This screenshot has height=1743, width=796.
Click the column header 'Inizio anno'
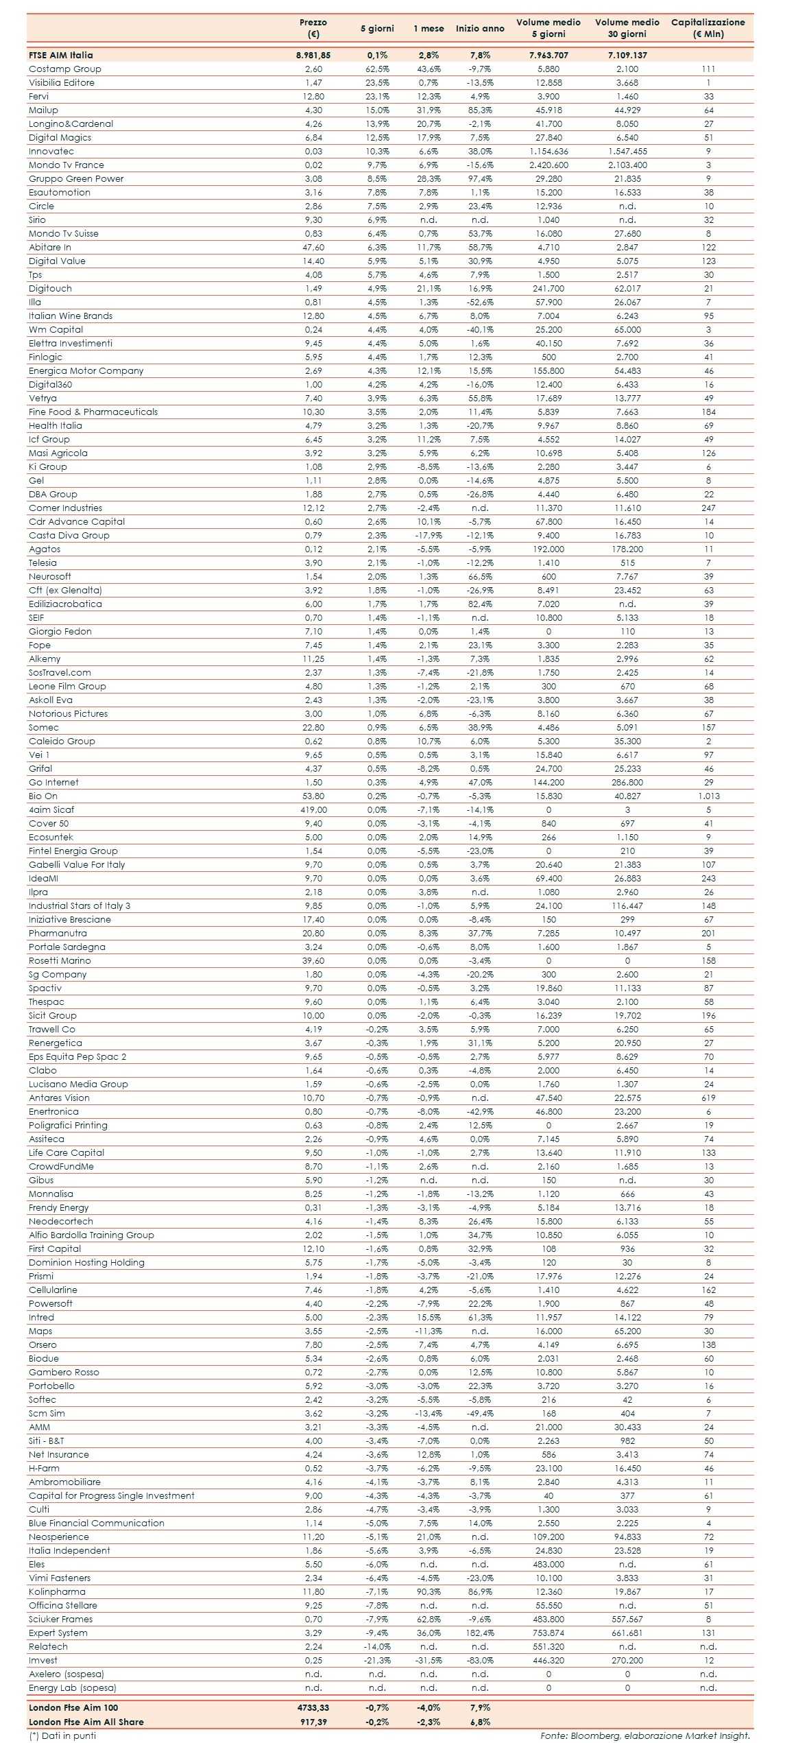(x=480, y=28)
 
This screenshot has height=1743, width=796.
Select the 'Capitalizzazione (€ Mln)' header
(x=708, y=28)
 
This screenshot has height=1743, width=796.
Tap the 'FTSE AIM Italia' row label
(x=60, y=55)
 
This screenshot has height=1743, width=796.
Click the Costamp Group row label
(x=64, y=69)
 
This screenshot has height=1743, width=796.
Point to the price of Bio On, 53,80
(x=313, y=796)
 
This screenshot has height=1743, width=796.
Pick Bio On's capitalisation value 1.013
(x=708, y=796)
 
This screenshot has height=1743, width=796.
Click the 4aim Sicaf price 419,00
(x=313, y=809)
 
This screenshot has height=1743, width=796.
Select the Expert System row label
(x=58, y=1633)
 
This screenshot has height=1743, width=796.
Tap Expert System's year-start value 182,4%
(x=480, y=1633)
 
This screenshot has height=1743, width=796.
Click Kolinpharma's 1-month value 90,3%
(x=429, y=1591)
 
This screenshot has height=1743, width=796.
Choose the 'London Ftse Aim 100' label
(x=73, y=1707)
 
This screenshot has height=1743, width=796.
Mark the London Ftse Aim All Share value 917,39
(x=313, y=1721)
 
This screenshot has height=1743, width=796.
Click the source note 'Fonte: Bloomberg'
(x=644, y=1735)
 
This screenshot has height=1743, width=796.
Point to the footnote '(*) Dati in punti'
(x=62, y=1735)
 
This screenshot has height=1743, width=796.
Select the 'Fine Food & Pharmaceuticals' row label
(x=93, y=412)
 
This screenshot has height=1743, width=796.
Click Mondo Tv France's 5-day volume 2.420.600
(x=548, y=165)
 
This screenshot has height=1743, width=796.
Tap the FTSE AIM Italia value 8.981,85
(x=313, y=55)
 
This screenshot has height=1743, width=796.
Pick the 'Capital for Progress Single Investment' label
(x=111, y=1495)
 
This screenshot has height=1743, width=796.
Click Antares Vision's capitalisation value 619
(x=708, y=1098)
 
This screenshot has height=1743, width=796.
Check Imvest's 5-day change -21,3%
(x=377, y=1660)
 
